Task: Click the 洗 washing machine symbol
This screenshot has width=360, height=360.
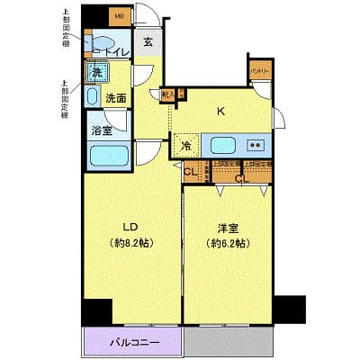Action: pyautogui.click(x=94, y=72)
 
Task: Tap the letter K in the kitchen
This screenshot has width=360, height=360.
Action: pyautogui.click(x=220, y=112)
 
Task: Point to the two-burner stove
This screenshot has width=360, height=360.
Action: pyautogui.click(x=256, y=144)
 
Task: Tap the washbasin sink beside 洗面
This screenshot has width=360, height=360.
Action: pyautogui.click(x=92, y=96)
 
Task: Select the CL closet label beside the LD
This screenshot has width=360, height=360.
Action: pyautogui.click(x=190, y=172)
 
